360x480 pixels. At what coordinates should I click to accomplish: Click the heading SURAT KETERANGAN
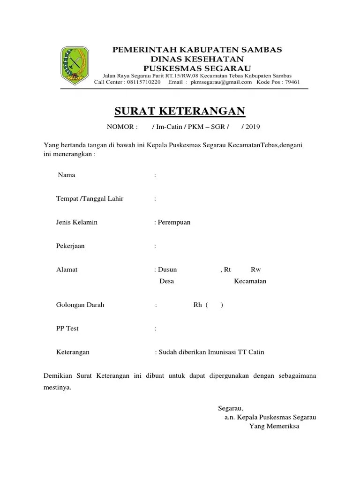point(180,111)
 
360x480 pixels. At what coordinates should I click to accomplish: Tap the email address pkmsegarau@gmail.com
point(220,82)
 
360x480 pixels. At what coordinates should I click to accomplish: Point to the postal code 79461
point(291,82)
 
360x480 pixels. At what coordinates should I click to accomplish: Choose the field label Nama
point(67,175)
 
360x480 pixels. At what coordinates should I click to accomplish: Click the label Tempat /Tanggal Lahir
point(90,199)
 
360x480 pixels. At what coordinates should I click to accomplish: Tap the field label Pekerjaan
point(70,246)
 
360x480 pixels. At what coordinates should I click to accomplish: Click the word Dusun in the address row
point(167,270)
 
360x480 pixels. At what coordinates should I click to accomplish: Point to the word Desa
point(167,281)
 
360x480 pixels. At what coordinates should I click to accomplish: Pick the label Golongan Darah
point(80,305)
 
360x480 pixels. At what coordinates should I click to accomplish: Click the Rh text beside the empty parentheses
point(197,305)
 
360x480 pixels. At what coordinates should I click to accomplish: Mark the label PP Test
point(67,328)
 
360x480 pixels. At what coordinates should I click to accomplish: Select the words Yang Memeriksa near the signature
point(274,426)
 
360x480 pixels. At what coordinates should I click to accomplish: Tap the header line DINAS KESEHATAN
point(197,59)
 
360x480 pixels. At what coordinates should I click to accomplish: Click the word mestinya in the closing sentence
point(57,388)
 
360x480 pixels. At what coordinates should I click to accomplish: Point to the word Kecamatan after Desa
point(250,281)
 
